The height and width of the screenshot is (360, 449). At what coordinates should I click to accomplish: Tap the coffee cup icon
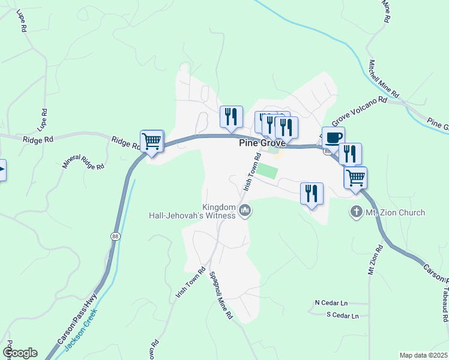pyautogui.click(x=333, y=137)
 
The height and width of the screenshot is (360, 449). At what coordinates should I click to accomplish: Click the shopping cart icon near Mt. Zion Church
pyautogui.click(x=355, y=178)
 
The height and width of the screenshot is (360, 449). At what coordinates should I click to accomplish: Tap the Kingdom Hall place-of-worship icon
pyautogui.click(x=245, y=211)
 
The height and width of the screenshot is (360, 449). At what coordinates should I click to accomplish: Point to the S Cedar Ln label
pyautogui.click(x=342, y=315)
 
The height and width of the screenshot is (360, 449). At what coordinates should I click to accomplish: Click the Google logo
pyautogui.click(x=20, y=353)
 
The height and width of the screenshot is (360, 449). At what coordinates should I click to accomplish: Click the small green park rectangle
pyautogui.click(x=270, y=170)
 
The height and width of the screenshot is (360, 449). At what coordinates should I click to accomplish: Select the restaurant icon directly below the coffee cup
pyautogui.click(x=350, y=154)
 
